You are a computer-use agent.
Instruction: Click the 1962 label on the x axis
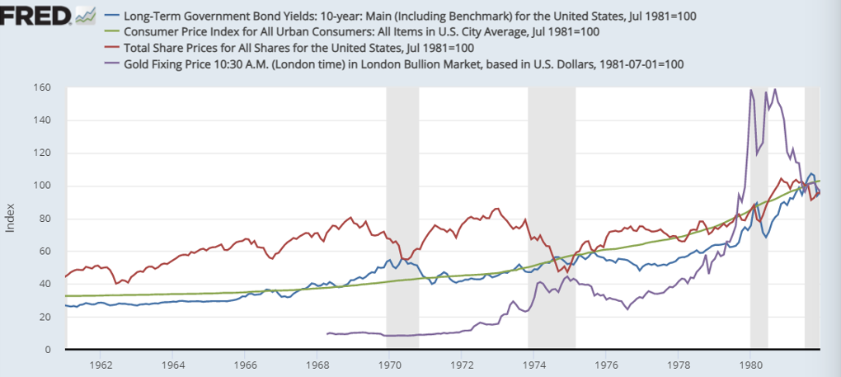(x=101, y=363)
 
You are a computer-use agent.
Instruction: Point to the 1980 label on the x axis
(x=750, y=363)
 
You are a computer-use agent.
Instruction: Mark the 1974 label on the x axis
(x=533, y=363)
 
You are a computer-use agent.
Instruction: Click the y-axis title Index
(x=11, y=219)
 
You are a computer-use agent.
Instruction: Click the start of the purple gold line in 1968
(x=328, y=333)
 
